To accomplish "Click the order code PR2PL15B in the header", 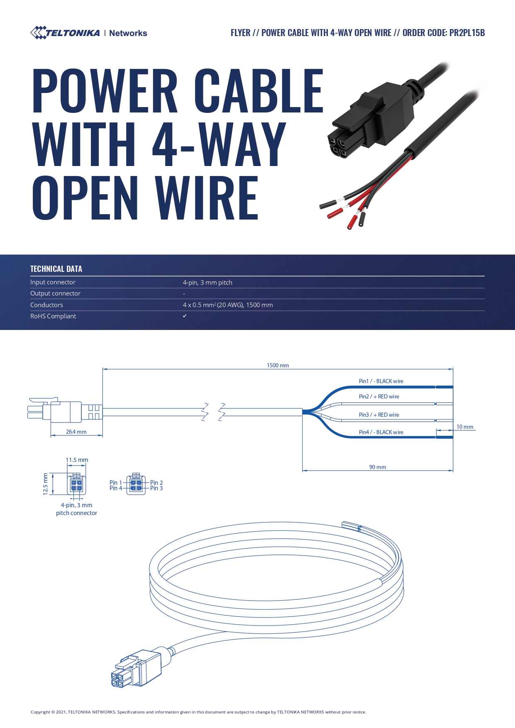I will (x=467, y=33).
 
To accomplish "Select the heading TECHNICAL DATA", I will (x=56, y=269).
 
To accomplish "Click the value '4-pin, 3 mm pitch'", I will (x=207, y=283).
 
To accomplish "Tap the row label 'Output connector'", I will (x=55, y=293).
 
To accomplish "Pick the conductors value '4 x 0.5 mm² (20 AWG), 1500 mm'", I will (x=228, y=305).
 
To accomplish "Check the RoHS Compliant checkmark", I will (x=185, y=316).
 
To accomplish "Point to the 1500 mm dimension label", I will (x=278, y=366).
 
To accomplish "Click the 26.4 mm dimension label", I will (x=76, y=432).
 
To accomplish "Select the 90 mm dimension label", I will (x=378, y=467).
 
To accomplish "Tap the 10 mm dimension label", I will (x=465, y=427).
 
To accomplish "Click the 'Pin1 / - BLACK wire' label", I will (x=381, y=381).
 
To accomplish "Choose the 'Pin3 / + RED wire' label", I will (x=379, y=415).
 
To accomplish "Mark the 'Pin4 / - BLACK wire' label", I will (x=381, y=432).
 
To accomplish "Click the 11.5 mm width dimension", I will (x=77, y=460).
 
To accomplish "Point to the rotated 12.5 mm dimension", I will (x=46, y=484).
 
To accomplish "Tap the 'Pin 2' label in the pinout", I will (x=156, y=483).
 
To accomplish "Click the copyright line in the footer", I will (x=198, y=712).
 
